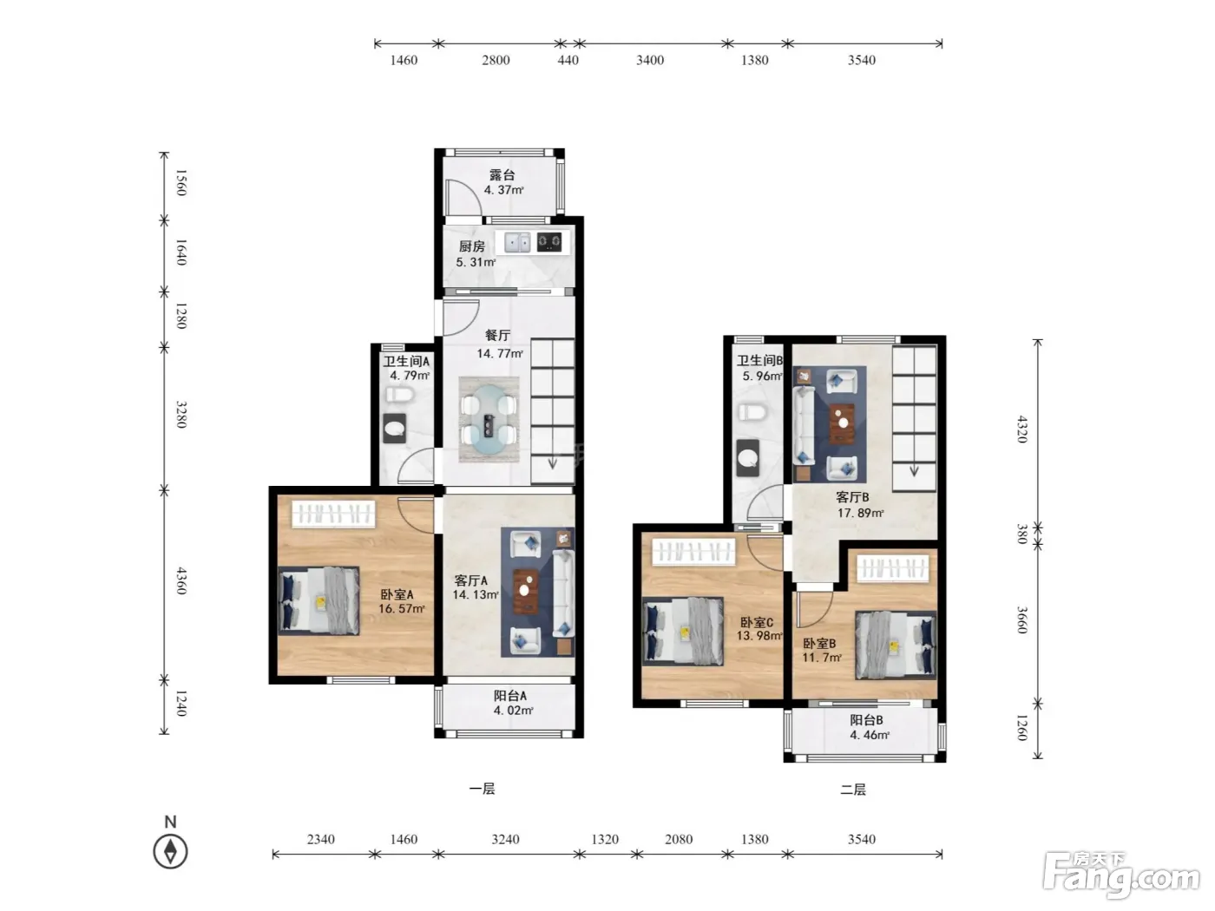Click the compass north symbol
tap(170, 844)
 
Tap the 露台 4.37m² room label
tap(503, 182)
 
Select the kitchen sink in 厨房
tap(517, 242)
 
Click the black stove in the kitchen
tap(549, 242)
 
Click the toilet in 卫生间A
tap(400, 395)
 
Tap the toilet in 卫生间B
tap(752, 412)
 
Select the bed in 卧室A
tap(319, 600)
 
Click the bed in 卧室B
tap(895, 645)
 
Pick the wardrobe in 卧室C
tap(693, 552)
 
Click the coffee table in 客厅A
tap(525, 592)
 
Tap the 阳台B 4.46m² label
tap(869, 727)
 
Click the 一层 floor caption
tap(482, 789)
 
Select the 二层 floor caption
tap(852, 790)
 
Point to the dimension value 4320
tap(1021, 429)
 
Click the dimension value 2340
tap(320, 839)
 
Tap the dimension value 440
tap(568, 60)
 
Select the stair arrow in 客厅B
tap(914, 470)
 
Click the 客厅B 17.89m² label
tap(860, 505)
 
